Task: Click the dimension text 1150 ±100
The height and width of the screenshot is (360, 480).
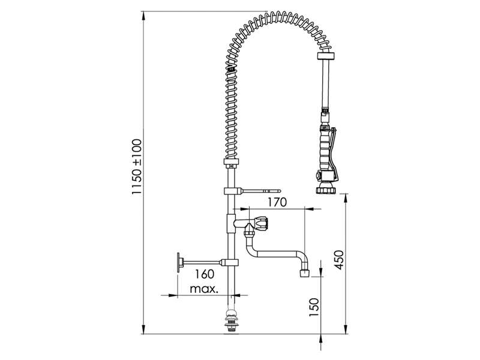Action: pos(137,167)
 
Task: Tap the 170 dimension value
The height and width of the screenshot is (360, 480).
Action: pos(277,202)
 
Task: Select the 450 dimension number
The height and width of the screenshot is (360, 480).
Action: pos(339,260)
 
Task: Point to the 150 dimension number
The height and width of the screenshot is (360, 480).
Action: pos(314,307)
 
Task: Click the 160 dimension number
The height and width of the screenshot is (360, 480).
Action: pos(205,274)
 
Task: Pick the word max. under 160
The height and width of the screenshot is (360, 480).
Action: pos(204,289)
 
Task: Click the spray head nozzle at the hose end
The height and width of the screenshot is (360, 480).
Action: pos(326,188)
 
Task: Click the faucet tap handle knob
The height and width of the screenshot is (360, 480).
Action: pos(261,223)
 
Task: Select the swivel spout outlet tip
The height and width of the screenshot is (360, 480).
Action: pos(304,273)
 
